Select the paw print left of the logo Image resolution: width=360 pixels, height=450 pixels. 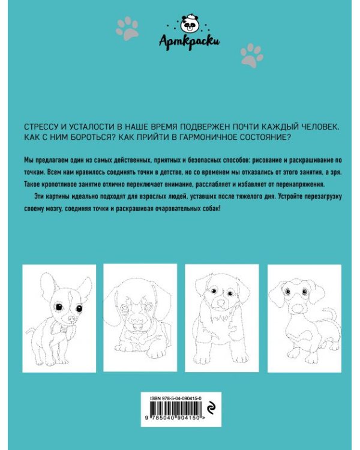click(128, 28)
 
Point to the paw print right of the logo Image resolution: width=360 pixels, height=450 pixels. click(251, 55)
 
